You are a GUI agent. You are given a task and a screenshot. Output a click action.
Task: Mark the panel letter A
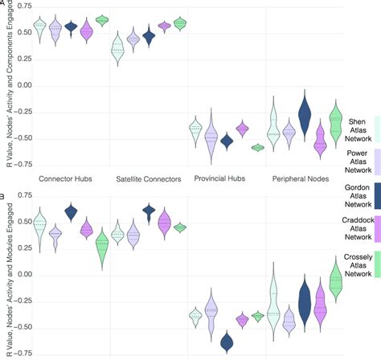point(3,4)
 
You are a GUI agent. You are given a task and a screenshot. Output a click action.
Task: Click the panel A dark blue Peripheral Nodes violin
point(305,115)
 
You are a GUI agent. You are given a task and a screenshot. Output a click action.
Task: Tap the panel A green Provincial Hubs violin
point(258,147)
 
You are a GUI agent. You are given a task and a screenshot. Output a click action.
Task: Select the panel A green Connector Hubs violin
point(102,20)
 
